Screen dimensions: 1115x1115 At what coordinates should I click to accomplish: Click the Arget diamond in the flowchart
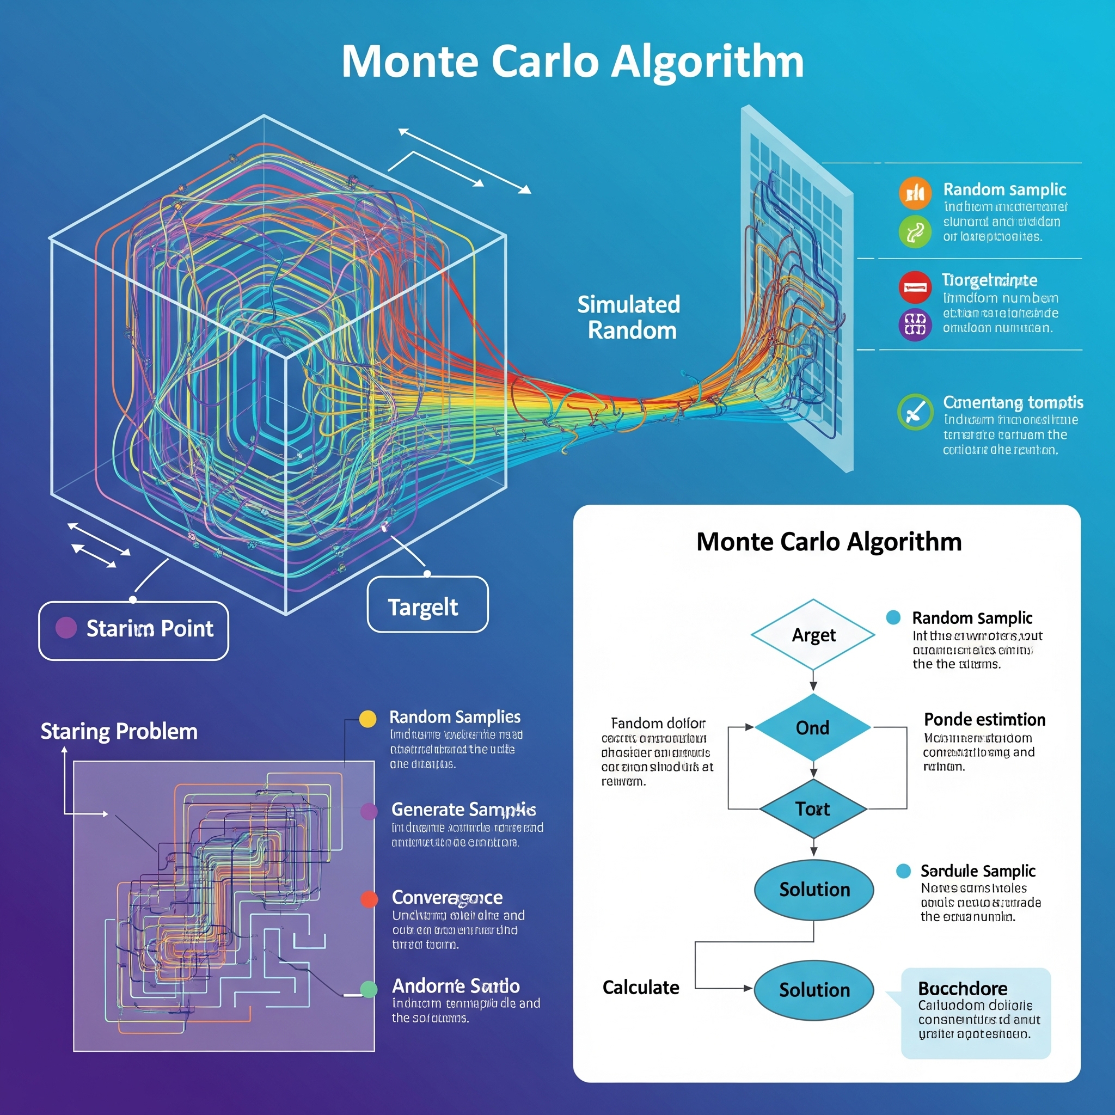click(813, 635)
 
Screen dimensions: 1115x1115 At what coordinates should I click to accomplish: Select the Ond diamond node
click(813, 728)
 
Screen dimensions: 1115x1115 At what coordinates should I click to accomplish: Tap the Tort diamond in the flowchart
click(813, 809)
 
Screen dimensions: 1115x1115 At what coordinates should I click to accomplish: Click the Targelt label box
click(427, 605)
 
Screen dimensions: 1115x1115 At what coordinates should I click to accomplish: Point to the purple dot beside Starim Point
click(66, 627)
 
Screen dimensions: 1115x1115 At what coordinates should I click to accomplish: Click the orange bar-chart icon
click(915, 193)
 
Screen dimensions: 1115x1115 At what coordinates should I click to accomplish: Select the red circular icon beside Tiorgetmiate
click(915, 287)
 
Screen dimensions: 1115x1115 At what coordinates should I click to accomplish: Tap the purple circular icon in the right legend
click(915, 324)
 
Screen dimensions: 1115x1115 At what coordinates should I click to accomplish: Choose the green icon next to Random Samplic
click(915, 232)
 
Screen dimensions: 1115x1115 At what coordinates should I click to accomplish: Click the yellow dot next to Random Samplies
click(367, 719)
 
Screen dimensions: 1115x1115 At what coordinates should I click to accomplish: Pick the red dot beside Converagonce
click(369, 898)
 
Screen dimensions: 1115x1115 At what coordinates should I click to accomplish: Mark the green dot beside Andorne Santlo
click(369, 989)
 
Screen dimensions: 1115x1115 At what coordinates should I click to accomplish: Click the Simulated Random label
click(629, 317)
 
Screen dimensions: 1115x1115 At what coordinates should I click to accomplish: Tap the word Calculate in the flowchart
click(641, 988)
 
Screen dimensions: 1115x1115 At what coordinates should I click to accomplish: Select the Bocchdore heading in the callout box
click(963, 988)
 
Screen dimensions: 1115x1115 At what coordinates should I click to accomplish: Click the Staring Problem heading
click(119, 731)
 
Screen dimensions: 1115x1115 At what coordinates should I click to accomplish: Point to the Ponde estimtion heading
click(984, 720)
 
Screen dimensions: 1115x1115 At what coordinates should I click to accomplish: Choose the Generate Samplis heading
click(463, 810)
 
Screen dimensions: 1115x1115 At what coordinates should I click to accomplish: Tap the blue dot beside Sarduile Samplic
click(903, 871)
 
